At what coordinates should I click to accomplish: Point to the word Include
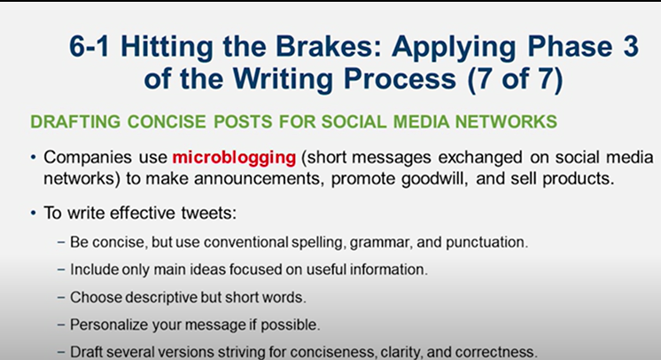tap(89, 268)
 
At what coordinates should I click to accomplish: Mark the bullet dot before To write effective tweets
tap(34, 215)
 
